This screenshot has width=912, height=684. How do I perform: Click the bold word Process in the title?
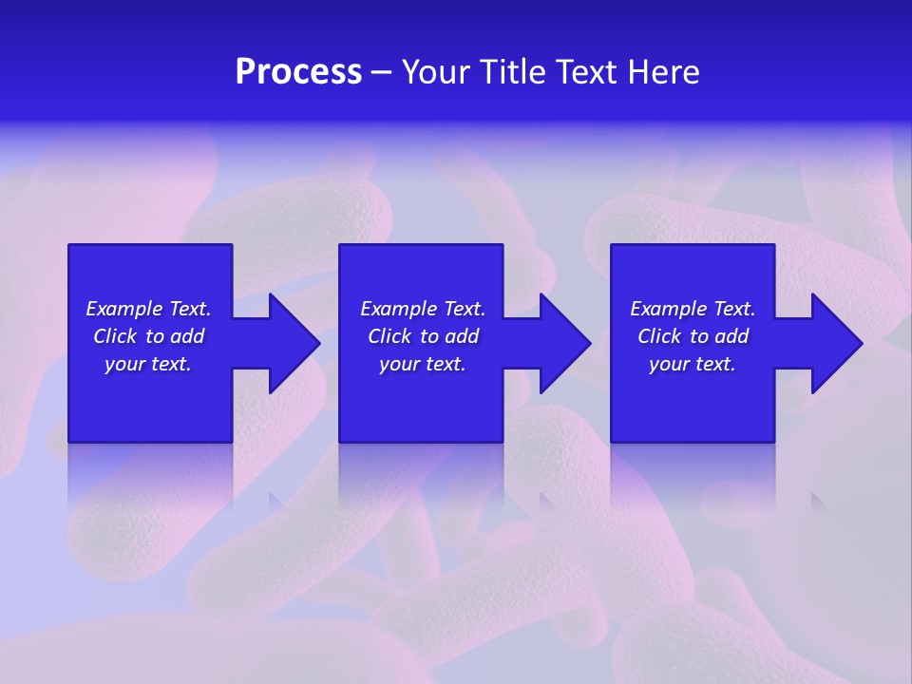tap(298, 71)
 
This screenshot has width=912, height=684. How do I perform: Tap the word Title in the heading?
tap(513, 71)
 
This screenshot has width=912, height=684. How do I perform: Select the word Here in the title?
tap(664, 71)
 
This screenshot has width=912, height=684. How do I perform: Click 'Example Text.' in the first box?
tap(148, 309)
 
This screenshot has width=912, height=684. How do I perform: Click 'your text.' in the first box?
tap(148, 364)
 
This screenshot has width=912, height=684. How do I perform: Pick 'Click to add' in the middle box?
tap(423, 336)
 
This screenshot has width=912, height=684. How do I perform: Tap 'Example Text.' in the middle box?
tap(423, 309)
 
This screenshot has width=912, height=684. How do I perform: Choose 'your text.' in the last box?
tap(693, 364)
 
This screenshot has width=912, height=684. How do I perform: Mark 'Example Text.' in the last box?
tap(693, 309)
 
